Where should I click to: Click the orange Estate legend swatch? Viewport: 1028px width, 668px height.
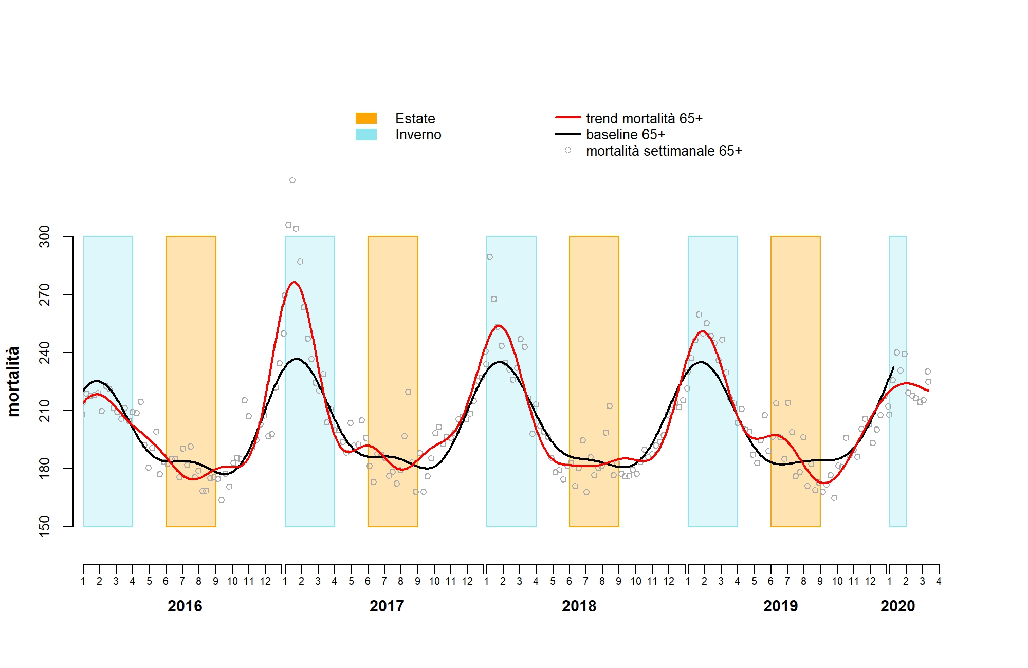366,118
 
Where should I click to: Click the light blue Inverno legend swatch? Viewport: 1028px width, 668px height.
366,135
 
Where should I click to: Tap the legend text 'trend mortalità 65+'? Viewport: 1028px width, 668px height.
644,119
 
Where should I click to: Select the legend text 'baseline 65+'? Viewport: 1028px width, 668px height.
626,135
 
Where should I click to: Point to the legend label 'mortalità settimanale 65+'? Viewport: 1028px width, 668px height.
664,151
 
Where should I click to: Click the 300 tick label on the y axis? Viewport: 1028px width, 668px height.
45,236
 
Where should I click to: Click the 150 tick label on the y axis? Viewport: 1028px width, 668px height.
45,526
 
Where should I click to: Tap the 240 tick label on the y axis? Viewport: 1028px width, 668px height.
45,352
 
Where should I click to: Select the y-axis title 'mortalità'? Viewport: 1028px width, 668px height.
13,381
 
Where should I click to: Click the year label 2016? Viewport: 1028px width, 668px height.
185,606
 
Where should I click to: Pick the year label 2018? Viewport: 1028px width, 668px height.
579,606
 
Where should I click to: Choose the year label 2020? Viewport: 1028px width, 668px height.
897,606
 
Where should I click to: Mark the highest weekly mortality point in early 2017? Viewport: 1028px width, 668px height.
292,180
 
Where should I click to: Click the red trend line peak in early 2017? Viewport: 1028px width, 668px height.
294,282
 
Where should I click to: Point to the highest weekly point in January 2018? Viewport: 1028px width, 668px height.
490,257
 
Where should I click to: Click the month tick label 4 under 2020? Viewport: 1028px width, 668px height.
939,581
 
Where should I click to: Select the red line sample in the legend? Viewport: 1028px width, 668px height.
568,118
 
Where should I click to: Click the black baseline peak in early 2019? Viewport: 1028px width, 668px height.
701,362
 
